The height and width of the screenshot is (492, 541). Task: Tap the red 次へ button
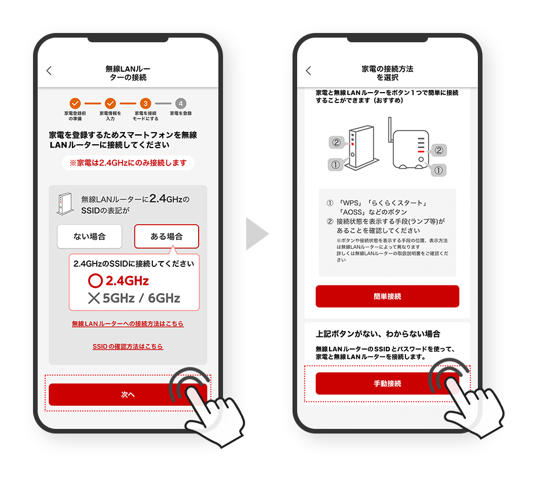click(x=127, y=394)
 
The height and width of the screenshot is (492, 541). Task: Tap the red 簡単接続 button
click(x=387, y=296)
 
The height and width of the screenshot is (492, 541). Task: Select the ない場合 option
click(x=89, y=237)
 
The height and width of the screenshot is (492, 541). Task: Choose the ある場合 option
click(x=166, y=237)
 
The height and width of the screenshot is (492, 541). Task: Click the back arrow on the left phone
click(x=49, y=71)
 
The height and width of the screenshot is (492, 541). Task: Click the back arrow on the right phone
click(x=309, y=71)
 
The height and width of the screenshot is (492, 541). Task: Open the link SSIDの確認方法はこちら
click(x=127, y=347)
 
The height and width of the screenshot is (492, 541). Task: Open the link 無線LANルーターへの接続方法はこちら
click(x=127, y=324)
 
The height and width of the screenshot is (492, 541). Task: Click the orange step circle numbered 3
click(x=145, y=104)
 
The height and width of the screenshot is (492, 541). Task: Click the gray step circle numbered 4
click(x=181, y=104)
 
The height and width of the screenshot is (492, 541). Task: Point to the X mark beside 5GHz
click(x=94, y=298)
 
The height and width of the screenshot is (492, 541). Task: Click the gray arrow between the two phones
click(x=257, y=234)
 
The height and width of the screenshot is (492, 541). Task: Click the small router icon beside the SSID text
click(x=65, y=204)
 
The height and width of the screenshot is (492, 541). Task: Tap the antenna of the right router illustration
click(x=390, y=130)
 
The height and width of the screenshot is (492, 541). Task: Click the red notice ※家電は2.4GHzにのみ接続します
click(x=128, y=163)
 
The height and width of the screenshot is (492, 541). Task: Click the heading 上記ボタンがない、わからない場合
click(x=378, y=334)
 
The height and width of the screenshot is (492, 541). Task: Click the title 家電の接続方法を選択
click(x=387, y=73)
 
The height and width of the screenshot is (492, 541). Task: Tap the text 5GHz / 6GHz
click(x=141, y=298)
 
